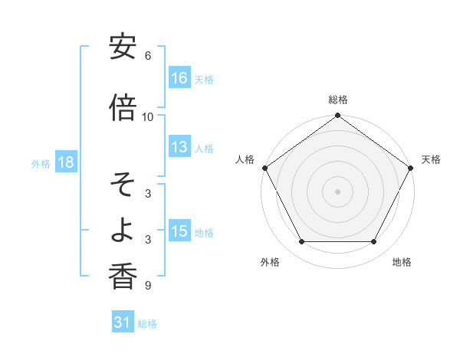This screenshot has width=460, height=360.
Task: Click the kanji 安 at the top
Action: coord(123,47)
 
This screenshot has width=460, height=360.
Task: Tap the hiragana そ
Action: coord(123,185)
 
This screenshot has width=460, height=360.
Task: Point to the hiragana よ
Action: coord(123,231)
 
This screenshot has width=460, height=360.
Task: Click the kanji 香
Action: coord(123,277)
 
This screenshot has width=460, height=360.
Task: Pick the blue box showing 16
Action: coord(180,78)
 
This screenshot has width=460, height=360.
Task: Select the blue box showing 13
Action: coord(180,148)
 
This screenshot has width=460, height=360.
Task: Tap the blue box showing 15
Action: coord(180,231)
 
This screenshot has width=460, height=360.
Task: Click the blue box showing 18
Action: coord(65,163)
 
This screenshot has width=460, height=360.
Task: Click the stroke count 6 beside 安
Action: coord(148,56)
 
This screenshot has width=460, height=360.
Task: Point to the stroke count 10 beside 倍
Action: coord(148,116)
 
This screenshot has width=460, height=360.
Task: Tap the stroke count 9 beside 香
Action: coord(148,286)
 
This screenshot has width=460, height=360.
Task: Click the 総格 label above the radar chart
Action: coord(338,100)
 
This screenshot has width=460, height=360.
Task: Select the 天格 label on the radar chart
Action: coord(431,159)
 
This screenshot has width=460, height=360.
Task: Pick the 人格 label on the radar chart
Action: coord(245,159)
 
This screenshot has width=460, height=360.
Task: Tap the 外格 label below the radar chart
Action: coord(270,263)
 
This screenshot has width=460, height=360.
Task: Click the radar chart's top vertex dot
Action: coord(338,116)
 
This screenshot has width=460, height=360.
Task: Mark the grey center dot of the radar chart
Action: coord(338,191)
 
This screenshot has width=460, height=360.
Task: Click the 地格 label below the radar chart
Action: coord(402,263)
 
